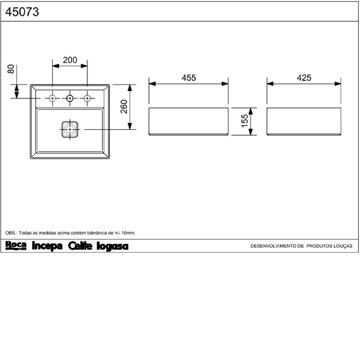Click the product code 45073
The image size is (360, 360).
point(22,12)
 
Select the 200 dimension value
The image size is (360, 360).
point(70,60)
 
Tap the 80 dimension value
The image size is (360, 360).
point(11,69)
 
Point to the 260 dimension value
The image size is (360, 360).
point(124,107)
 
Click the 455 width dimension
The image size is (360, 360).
point(189,78)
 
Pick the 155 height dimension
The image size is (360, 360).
point(245,121)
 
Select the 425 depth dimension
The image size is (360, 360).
point(304,78)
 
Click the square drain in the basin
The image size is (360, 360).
point(70,129)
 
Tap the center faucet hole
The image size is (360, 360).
point(70,99)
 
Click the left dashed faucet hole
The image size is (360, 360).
point(52,99)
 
